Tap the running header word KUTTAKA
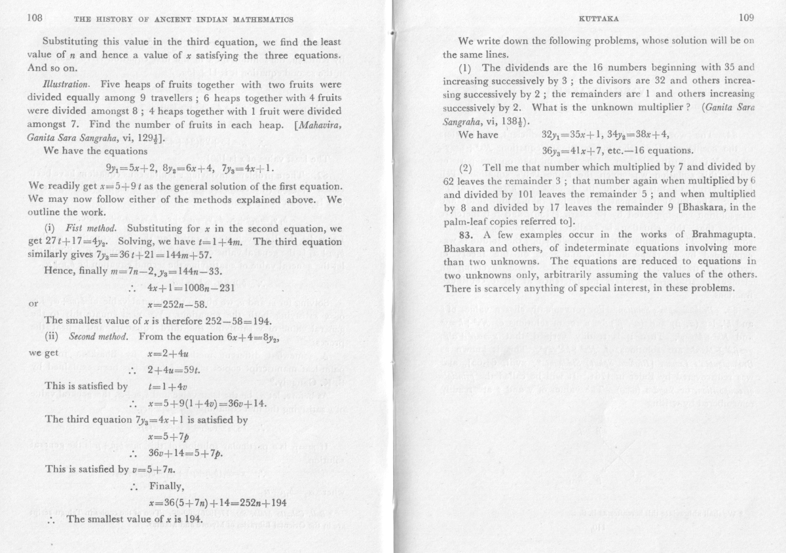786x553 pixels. pos(594,20)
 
